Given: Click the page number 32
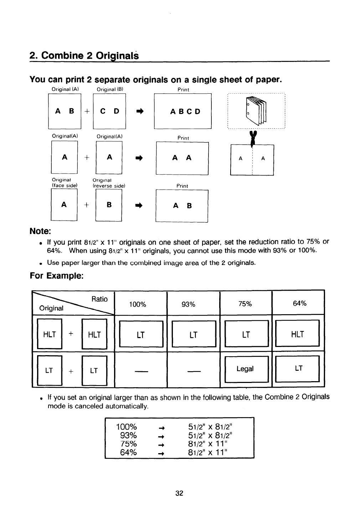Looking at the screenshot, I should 179,493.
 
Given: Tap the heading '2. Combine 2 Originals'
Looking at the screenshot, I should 84,56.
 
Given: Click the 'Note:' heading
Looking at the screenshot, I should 40,231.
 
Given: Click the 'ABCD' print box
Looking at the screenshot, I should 183,111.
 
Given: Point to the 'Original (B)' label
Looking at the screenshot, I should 110,89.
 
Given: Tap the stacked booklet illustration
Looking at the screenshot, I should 256,111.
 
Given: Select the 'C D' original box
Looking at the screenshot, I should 109,111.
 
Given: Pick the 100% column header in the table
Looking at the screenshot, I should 138,304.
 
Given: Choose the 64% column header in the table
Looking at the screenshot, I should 299,304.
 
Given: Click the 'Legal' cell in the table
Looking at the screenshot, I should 245,369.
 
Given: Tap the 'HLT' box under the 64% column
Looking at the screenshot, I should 297,334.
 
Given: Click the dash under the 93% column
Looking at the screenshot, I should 193,372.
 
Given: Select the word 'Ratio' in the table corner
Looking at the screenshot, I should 99,299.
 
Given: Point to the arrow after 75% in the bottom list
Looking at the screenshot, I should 161,445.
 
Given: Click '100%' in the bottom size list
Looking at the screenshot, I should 127,427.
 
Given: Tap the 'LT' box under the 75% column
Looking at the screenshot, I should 246,334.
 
